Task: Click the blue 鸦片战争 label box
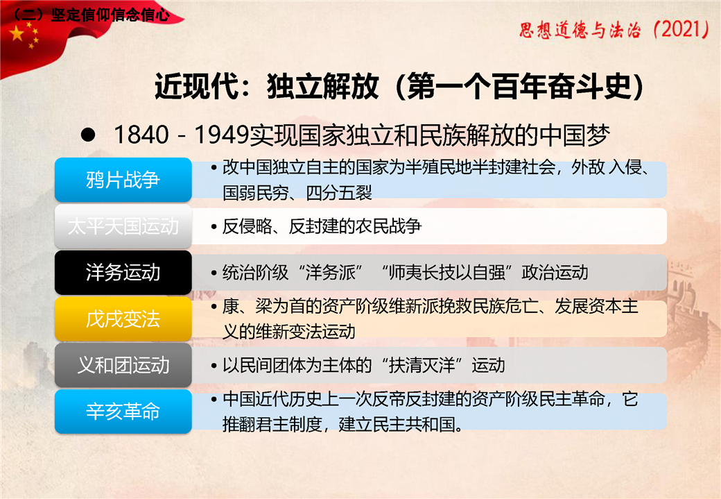point(123,180)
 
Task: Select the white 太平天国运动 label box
point(123,226)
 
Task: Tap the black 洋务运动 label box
point(123,272)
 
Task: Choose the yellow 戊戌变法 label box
point(123,319)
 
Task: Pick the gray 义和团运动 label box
point(123,365)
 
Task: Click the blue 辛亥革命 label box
point(123,411)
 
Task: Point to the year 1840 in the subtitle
point(141,135)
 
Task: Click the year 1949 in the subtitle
point(221,135)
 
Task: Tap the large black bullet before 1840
point(87,135)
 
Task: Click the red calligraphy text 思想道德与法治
point(580,30)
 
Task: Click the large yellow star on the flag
point(17,33)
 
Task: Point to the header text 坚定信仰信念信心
point(110,15)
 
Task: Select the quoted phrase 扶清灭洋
point(422,366)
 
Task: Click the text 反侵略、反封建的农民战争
point(322,226)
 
